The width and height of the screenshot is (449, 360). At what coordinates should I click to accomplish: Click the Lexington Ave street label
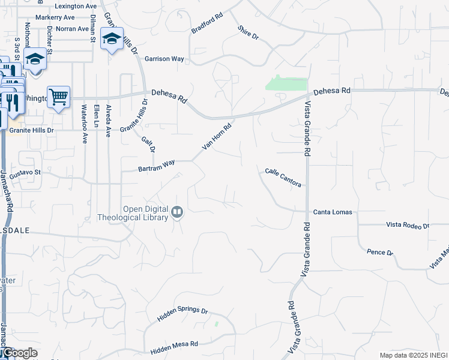click(76, 6)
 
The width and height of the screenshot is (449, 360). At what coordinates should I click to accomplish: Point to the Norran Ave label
click(71, 28)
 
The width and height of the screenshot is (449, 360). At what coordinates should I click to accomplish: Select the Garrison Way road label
click(164, 59)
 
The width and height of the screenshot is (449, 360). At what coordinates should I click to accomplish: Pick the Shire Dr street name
click(247, 33)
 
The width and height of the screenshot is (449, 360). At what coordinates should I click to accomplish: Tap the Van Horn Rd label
click(217, 137)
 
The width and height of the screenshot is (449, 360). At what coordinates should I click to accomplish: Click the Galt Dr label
click(148, 145)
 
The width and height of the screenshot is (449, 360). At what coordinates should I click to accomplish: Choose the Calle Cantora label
click(283, 177)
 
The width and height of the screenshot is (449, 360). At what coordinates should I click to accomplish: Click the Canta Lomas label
click(333, 212)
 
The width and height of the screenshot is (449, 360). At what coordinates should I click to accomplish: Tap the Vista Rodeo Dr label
click(408, 226)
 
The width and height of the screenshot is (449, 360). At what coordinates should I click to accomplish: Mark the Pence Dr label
click(379, 253)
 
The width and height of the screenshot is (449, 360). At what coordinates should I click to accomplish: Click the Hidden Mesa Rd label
click(174, 346)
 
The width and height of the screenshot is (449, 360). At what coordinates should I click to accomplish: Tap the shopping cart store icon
click(58, 96)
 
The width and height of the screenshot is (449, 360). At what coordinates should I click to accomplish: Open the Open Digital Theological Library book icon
click(177, 211)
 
